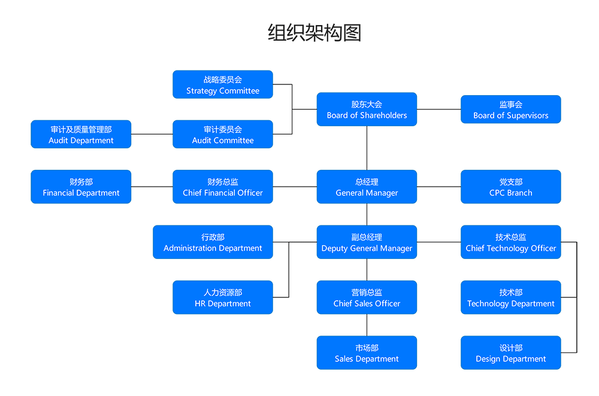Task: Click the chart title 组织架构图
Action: click(x=314, y=33)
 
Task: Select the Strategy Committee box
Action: click(x=223, y=84)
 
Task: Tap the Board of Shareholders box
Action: click(x=367, y=109)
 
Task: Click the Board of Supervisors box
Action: click(x=510, y=109)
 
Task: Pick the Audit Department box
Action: click(x=81, y=134)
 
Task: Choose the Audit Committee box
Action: click(x=223, y=134)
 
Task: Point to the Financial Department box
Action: click(x=81, y=187)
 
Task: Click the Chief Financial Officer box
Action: click(x=223, y=187)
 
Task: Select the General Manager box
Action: click(x=367, y=187)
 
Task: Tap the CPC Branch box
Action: click(x=510, y=187)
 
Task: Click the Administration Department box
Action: click(x=213, y=242)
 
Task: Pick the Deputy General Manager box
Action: click(x=367, y=242)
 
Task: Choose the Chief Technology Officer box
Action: click(x=510, y=242)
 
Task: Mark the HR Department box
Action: click(x=223, y=297)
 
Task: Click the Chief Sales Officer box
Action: click(x=367, y=297)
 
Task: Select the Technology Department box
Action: click(x=510, y=297)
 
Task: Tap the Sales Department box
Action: click(x=367, y=352)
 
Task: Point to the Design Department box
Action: click(x=510, y=352)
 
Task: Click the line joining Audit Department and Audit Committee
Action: click(x=152, y=134)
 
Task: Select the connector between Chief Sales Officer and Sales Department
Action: click(x=367, y=325)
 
